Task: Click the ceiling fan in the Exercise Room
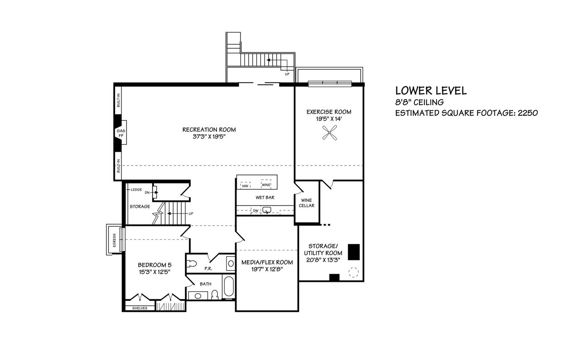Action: [x=329, y=133]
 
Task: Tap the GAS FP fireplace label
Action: [x=121, y=133]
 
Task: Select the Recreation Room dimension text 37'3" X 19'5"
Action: [x=209, y=137]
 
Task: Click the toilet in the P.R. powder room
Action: [x=192, y=264]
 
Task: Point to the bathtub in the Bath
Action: [x=229, y=286]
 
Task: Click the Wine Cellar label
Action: [x=306, y=203]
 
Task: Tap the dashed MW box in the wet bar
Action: [x=245, y=185]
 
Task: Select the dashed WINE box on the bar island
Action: [x=266, y=184]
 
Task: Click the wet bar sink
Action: [x=267, y=210]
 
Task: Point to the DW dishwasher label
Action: [x=256, y=210]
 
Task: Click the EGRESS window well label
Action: [x=114, y=240]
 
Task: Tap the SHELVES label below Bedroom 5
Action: [x=140, y=308]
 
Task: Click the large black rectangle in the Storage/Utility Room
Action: [x=354, y=252]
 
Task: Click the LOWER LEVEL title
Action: [x=431, y=91]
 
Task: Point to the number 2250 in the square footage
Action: [x=528, y=113]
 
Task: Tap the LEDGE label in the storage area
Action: [x=136, y=190]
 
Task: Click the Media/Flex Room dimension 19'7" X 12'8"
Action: [x=267, y=269]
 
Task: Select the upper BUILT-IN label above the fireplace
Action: [x=118, y=100]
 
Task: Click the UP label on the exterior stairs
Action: [x=287, y=74]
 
